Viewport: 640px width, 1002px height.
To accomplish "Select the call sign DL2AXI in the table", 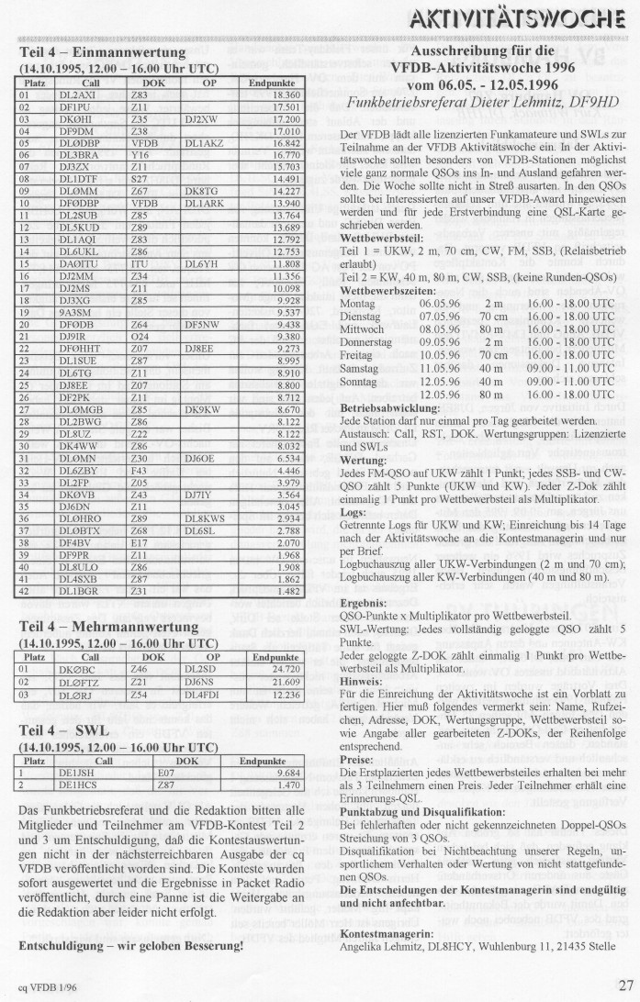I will click(x=77, y=95).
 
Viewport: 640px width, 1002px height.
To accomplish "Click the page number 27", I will click(x=624, y=985).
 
